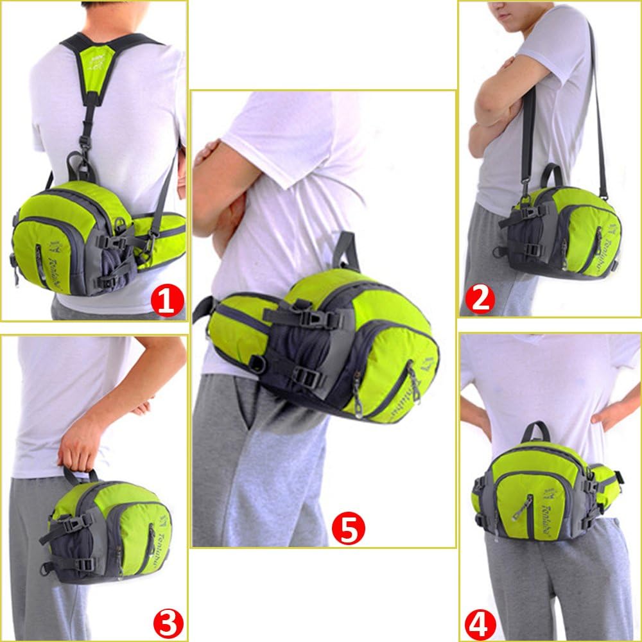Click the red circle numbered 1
(x=167, y=300)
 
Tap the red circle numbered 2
(x=480, y=299)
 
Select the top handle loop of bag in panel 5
(x=347, y=250)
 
